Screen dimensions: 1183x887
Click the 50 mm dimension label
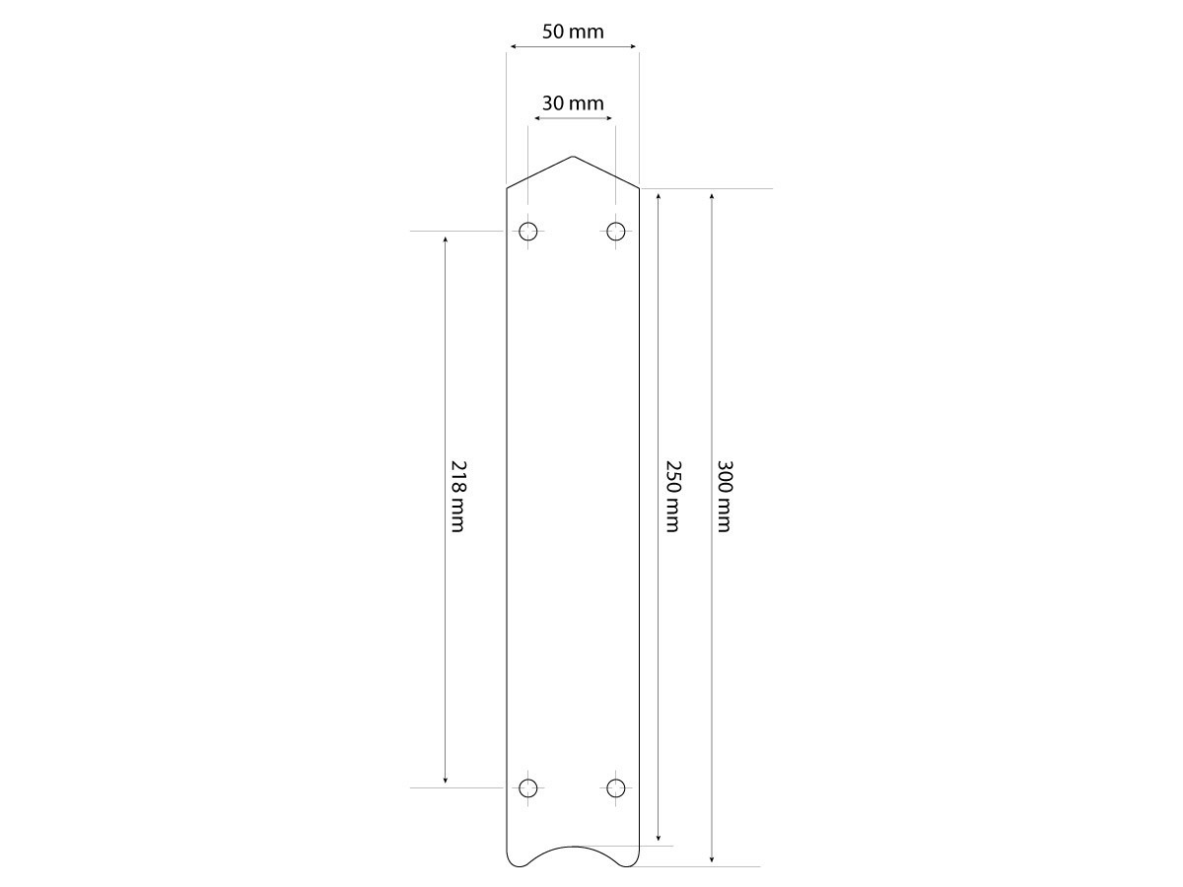pyautogui.click(x=573, y=32)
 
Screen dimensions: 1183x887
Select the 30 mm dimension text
pyautogui.click(x=573, y=102)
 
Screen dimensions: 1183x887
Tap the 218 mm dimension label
pyautogui.click(x=458, y=496)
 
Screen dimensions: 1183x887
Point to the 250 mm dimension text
pyautogui.click(x=673, y=496)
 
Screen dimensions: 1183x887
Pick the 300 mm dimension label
pyautogui.click(x=725, y=496)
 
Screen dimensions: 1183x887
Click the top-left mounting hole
pyautogui.click(x=527, y=232)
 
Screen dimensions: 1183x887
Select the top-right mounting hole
pyautogui.click(x=615, y=232)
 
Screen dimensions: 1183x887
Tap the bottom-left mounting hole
pyautogui.click(x=527, y=787)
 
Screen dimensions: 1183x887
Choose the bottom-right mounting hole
pyautogui.click(x=615, y=787)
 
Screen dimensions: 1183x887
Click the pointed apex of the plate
pyautogui.click(x=573, y=156)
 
